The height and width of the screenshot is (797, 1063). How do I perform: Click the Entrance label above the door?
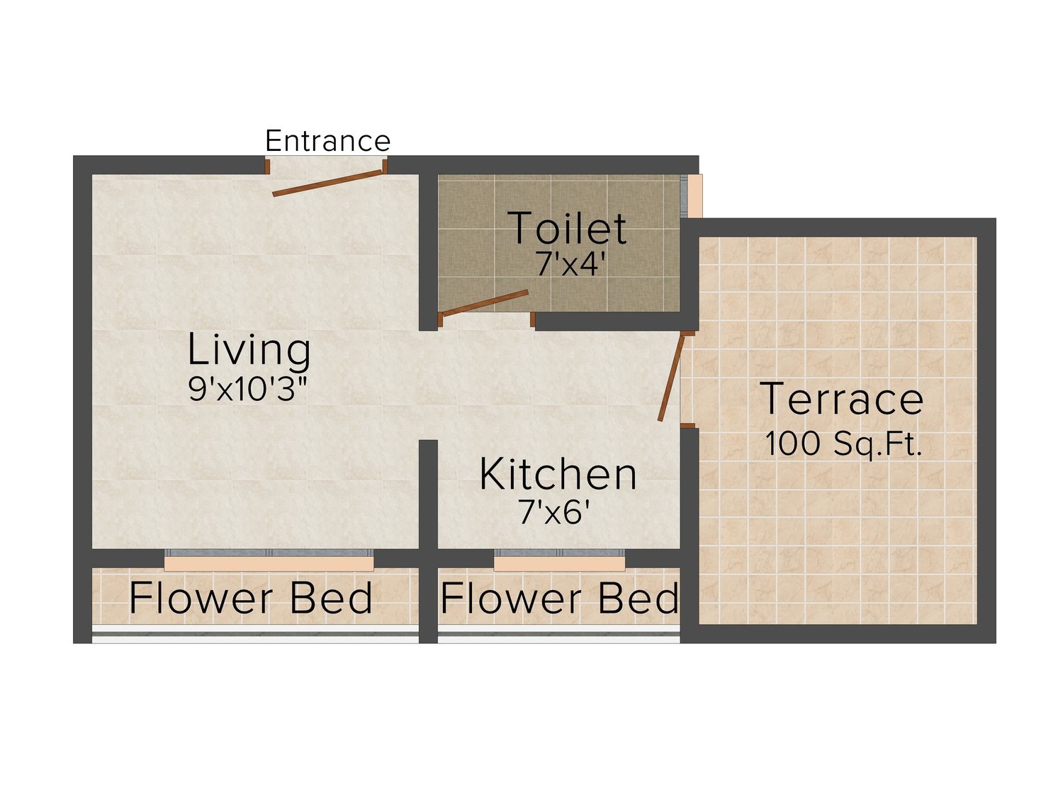point(327,141)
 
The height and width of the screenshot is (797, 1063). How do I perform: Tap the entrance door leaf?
point(328,183)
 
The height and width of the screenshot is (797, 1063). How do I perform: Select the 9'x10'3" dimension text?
point(248,388)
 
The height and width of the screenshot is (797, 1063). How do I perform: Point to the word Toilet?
point(567,227)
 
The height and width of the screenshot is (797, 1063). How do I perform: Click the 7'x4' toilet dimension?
point(570,264)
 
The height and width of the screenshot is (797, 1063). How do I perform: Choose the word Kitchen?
point(558,474)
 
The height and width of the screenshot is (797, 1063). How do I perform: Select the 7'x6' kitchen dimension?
point(554,511)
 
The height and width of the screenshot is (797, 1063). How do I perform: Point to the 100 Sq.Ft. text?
point(843,443)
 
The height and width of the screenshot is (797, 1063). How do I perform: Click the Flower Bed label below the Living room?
point(250,598)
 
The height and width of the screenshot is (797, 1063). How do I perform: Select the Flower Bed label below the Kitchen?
point(559,598)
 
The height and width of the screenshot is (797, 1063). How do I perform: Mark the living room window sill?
point(269,564)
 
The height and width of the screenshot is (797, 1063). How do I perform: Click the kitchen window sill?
point(559,564)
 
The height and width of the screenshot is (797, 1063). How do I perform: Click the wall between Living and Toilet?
point(428,251)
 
